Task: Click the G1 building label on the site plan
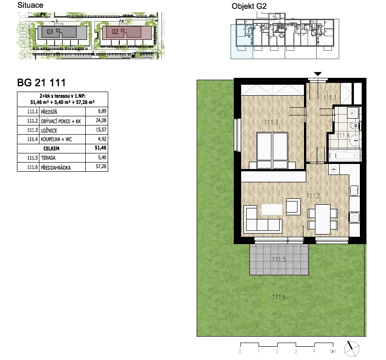coord(50,32)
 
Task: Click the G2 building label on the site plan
coord(115,32)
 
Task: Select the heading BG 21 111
coord(41,82)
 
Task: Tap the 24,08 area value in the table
coord(101,120)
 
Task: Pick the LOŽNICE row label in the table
coord(49,131)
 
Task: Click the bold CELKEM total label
coord(51,148)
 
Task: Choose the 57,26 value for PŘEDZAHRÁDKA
coord(101,166)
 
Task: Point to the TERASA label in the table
coord(48,158)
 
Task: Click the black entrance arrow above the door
coord(318,74)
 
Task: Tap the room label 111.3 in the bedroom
coord(271,122)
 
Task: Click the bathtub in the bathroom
coord(344,156)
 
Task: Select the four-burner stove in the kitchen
coord(354,218)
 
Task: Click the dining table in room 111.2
coord(323,219)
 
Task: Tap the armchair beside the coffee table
coord(293,207)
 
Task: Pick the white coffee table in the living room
coord(272,209)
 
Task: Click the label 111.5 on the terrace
coord(279,259)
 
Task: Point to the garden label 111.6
coord(279,297)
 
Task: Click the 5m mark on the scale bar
coord(332,351)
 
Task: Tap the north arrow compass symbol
coord(352,349)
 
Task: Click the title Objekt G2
coord(249,6)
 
